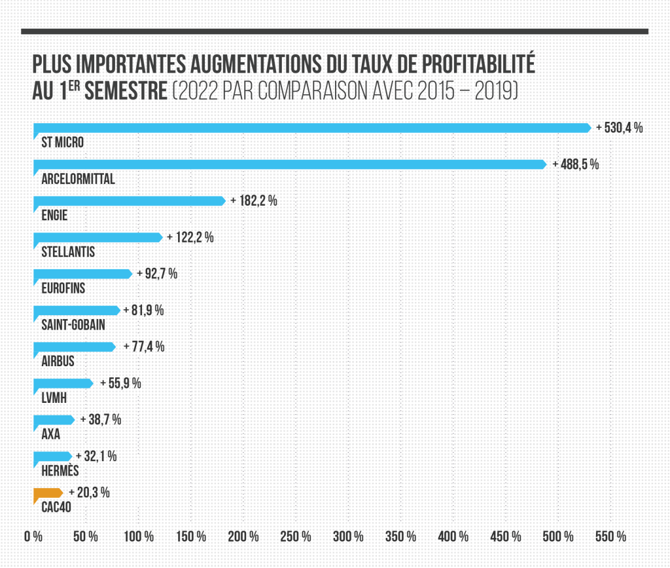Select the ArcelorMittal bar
[x=289, y=164]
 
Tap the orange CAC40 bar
[x=47, y=493]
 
